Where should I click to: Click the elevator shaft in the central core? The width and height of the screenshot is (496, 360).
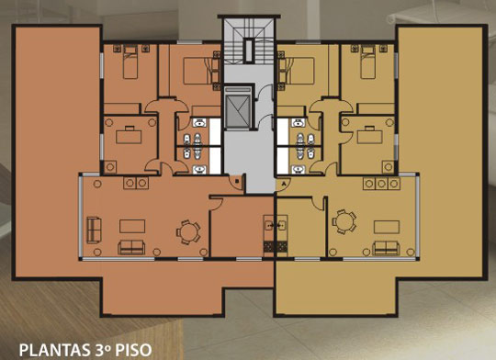point(238,107)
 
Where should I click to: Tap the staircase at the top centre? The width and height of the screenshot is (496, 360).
point(249,41)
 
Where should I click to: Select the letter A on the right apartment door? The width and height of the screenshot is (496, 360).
point(284,183)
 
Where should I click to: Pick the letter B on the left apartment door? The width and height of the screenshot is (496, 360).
point(237,181)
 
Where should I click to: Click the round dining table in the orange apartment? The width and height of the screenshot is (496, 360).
point(187,231)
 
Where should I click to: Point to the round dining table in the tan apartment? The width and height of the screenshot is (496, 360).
point(344,221)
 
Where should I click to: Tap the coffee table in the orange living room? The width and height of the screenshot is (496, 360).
point(132,226)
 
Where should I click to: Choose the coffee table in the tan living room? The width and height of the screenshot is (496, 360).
point(387,227)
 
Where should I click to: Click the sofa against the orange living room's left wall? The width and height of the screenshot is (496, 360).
point(94,231)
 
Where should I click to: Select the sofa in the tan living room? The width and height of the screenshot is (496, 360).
point(386,248)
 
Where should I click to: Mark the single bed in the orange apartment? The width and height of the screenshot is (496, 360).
point(130,62)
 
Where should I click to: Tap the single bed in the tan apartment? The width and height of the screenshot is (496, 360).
point(368,62)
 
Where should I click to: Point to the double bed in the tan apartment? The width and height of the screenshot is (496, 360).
point(296,71)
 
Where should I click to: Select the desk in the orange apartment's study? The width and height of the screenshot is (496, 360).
point(129,137)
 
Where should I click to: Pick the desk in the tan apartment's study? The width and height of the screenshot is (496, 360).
point(370,137)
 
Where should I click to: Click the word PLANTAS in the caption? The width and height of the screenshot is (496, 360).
point(54,350)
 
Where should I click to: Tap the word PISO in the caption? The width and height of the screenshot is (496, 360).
point(133,350)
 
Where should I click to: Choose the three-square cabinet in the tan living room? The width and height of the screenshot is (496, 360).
point(381,184)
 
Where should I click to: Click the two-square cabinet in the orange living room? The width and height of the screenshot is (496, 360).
point(136,183)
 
